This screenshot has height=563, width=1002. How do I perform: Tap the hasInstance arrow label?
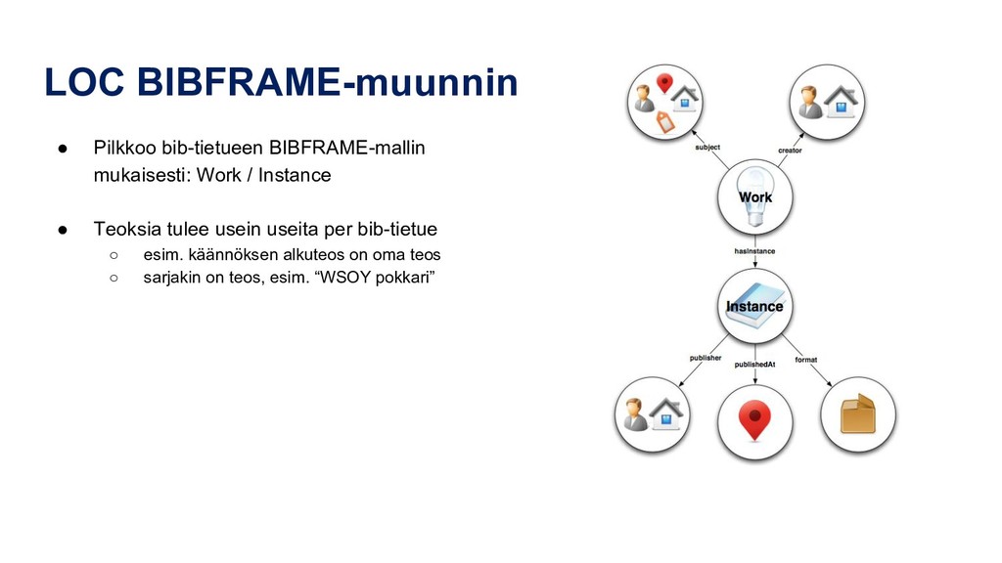coord(754,251)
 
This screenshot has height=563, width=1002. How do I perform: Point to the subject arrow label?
coord(707,148)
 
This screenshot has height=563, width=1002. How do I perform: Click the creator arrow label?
coord(791,151)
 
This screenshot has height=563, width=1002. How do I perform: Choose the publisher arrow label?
coord(705,359)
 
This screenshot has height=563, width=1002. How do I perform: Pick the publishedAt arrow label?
coord(754,365)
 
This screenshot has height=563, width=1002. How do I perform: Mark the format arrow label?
coord(805,359)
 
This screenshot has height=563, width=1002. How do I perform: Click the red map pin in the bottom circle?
coord(753,420)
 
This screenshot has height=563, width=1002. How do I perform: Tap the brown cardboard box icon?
coord(857,414)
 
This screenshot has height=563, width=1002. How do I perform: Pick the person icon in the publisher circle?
coord(637,414)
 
